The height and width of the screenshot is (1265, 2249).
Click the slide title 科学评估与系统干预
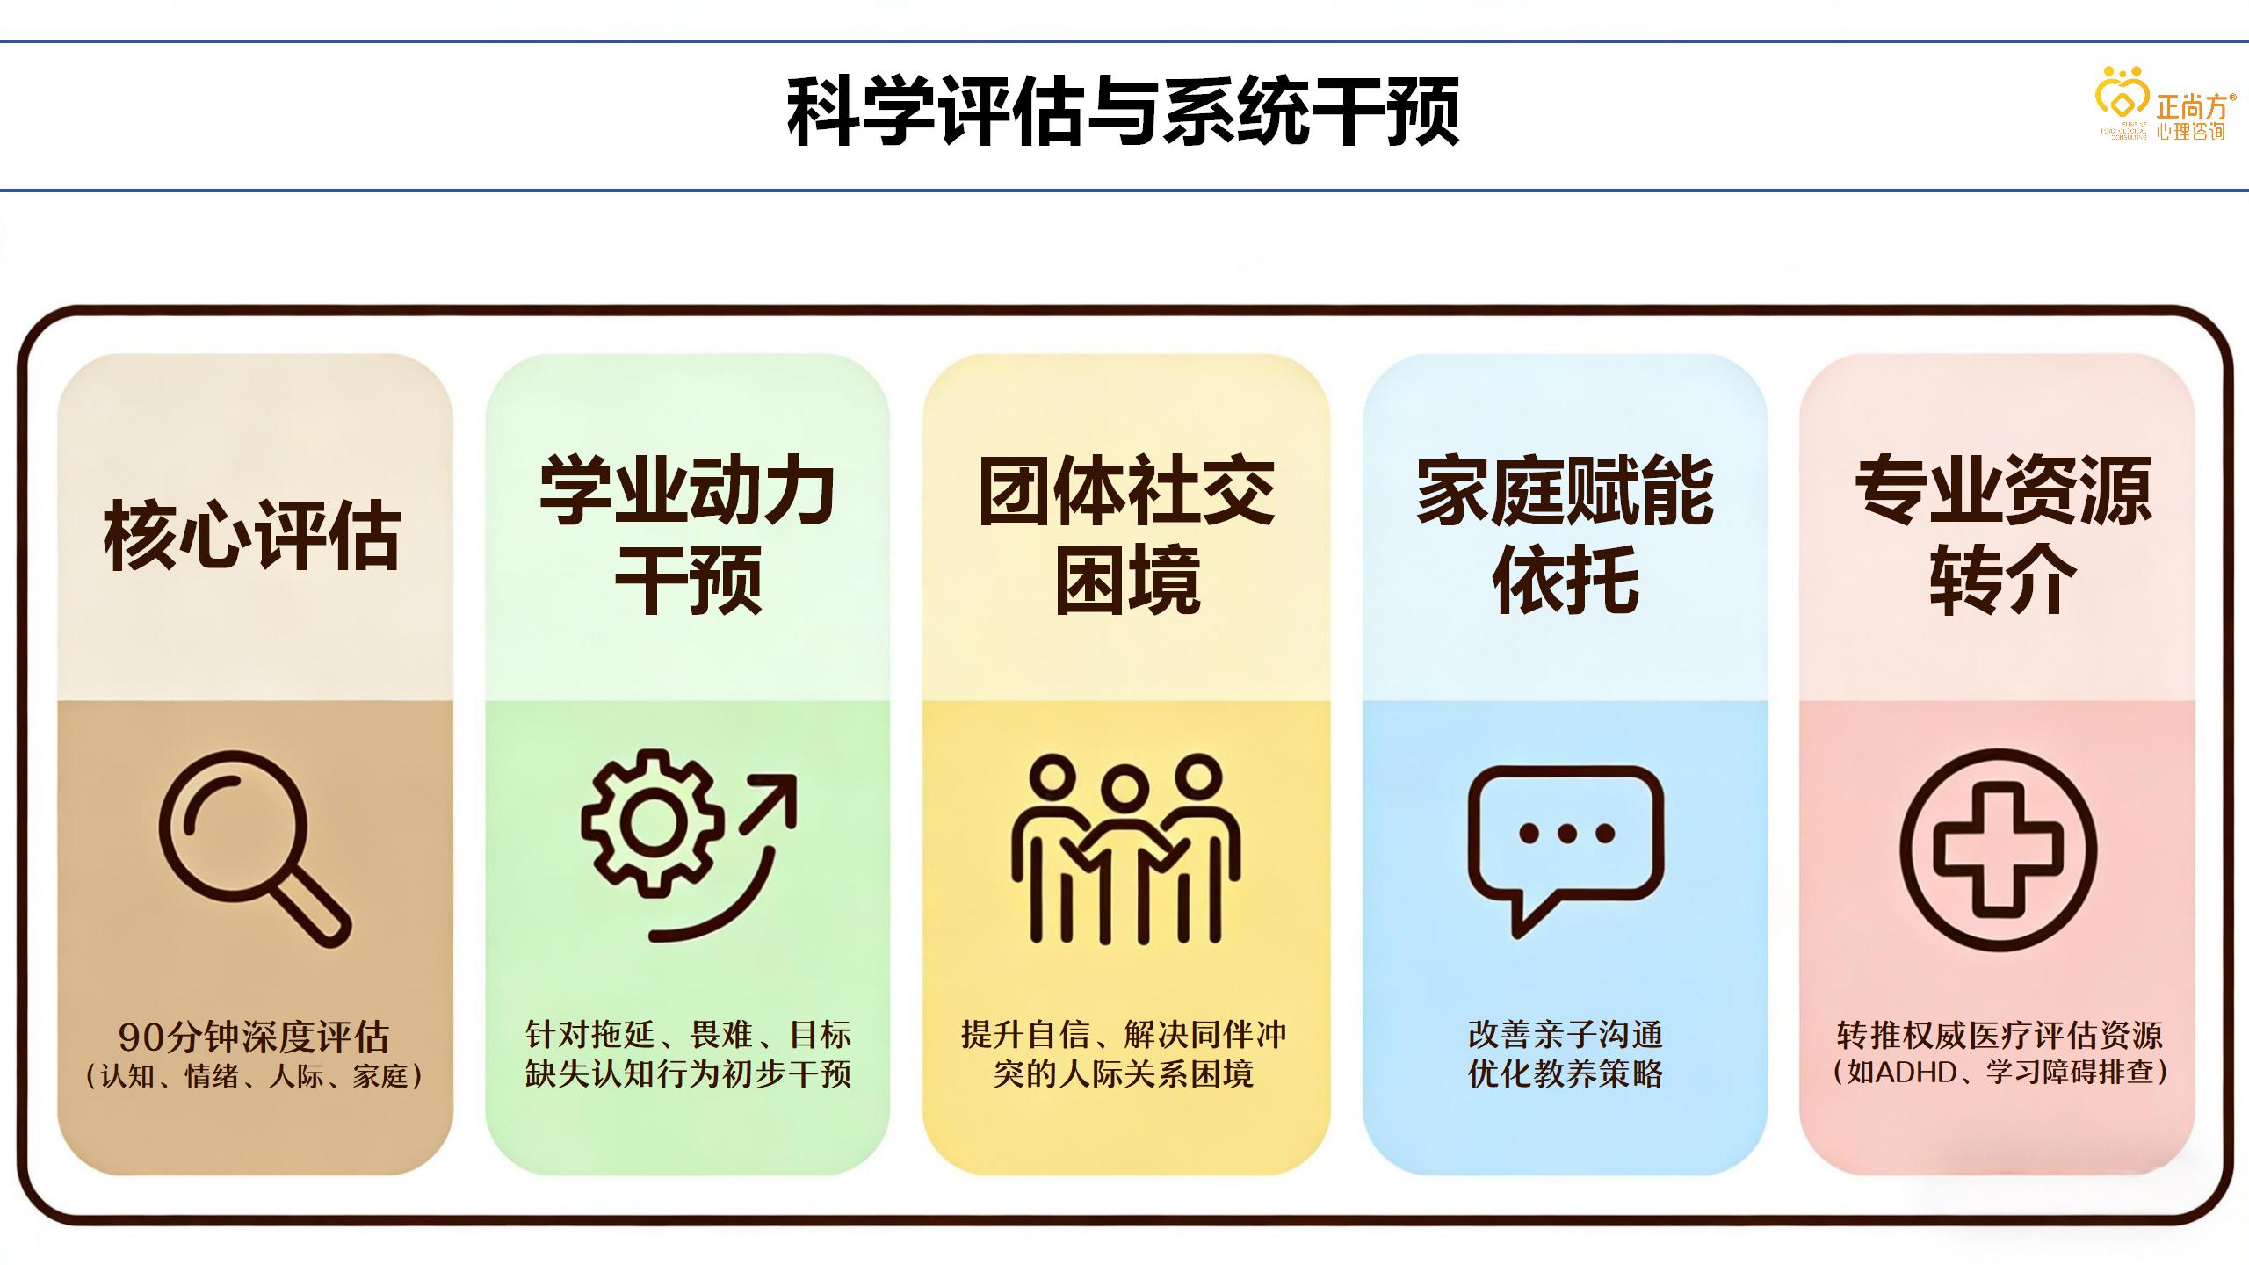[1123, 112]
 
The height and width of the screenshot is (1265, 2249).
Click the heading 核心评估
[252, 535]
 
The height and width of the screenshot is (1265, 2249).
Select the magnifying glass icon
[254, 847]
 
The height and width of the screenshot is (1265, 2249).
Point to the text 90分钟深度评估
[253, 1037]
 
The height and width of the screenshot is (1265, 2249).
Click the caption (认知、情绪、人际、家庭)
[253, 1076]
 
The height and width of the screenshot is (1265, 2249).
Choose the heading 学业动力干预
[688, 533]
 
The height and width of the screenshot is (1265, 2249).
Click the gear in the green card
[653, 823]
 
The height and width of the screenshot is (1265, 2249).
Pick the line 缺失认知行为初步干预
[688, 1074]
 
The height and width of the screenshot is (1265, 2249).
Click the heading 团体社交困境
[1126, 533]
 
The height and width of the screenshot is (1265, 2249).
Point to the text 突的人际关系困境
[1124, 1074]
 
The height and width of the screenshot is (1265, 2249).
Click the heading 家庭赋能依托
[1566, 533]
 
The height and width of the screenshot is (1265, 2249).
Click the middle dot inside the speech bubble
[1566, 834]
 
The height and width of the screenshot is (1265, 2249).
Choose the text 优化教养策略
[1566, 1074]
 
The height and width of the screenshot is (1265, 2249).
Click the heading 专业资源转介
[2002, 533]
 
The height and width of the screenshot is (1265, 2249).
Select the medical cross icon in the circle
[1999, 849]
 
